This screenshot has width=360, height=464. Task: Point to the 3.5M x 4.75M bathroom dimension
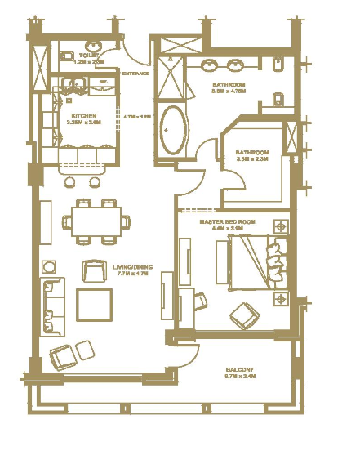pyautogui.click(x=229, y=91)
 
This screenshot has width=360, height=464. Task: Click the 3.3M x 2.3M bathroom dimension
pyautogui.click(x=252, y=160)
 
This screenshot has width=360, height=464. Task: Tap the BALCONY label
pyautogui.click(x=240, y=369)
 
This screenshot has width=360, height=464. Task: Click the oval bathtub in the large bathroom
pyautogui.click(x=173, y=129)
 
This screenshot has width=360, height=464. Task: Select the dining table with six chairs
pyautogui.click(x=96, y=221)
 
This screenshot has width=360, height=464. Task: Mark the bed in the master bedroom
pyautogui.click(x=256, y=261)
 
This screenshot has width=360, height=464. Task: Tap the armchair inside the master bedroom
pyautogui.click(x=242, y=313)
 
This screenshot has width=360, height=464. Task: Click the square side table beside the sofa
pyautogui.click(x=50, y=266)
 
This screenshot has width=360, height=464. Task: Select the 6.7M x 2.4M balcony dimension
pyautogui.click(x=240, y=377)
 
